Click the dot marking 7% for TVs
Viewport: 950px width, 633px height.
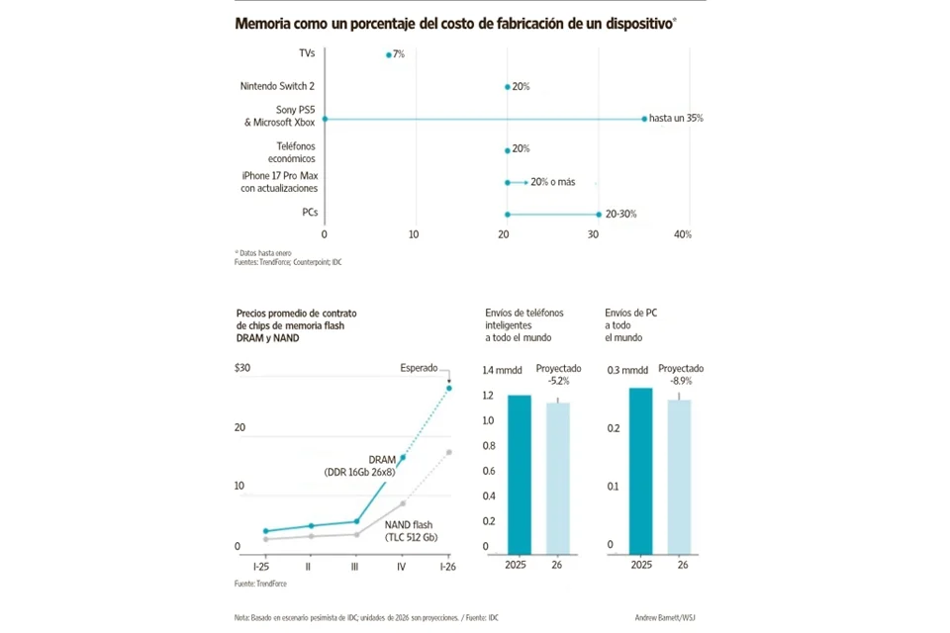[x=389, y=55]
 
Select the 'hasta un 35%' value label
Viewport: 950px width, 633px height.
[x=676, y=118]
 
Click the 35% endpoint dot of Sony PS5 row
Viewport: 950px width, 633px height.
[x=644, y=119]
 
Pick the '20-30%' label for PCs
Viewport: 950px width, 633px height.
[x=621, y=214]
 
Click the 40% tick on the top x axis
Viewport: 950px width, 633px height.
[x=682, y=234]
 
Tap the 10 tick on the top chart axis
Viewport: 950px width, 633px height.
[x=414, y=234]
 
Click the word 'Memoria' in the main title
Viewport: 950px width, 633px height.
[x=264, y=23]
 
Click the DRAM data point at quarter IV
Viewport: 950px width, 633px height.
[x=403, y=458]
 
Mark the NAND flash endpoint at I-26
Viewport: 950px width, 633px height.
[x=449, y=452]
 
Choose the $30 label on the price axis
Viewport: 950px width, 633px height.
[x=242, y=369]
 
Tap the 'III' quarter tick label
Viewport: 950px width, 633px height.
[x=355, y=567]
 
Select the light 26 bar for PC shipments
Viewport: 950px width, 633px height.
[x=679, y=476]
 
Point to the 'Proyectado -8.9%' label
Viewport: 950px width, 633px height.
[x=681, y=374]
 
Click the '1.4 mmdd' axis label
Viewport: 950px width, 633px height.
[x=501, y=370]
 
